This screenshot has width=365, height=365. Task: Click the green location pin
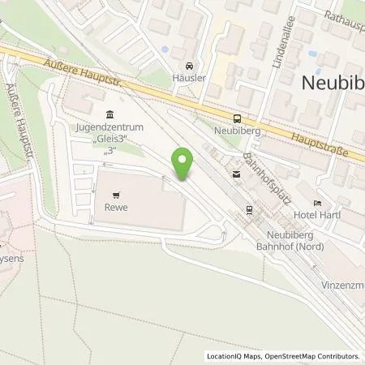[184, 164]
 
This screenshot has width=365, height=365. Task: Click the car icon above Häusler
[189, 66]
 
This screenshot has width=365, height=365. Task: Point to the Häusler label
[189, 77]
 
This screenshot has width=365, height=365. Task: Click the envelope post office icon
[236, 174]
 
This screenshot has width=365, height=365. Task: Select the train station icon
[250, 213]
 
